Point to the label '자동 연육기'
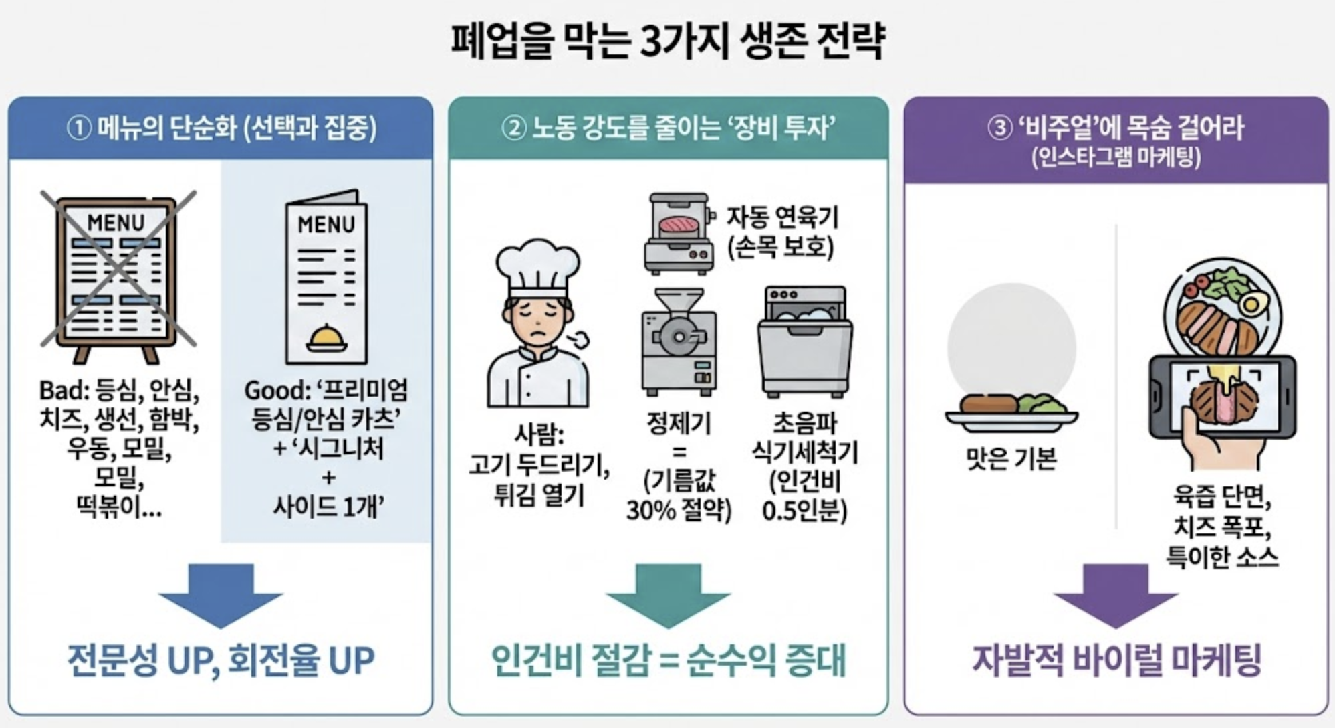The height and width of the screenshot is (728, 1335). pyautogui.click(x=781, y=217)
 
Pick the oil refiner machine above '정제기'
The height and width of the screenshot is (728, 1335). pyautogui.click(x=678, y=341)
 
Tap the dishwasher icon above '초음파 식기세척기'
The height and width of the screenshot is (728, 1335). pyautogui.click(x=805, y=341)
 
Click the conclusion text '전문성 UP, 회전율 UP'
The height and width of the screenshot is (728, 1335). pyautogui.click(x=221, y=660)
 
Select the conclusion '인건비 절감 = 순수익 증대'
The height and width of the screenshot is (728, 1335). pyautogui.click(x=668, y=660)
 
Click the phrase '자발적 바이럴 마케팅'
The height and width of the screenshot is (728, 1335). pyautogui.click(x=1116, y=660)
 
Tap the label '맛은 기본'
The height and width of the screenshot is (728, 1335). pyautogui.click(x=1011, y=459)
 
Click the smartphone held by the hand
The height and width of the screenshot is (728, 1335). pyautogui.click(x=1221, y=396)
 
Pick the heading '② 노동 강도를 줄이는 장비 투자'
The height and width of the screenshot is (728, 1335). pyautogui.click(x=668, y=128)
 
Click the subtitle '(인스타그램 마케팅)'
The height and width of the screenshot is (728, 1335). pyautogui.click(x=1115, y=158)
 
